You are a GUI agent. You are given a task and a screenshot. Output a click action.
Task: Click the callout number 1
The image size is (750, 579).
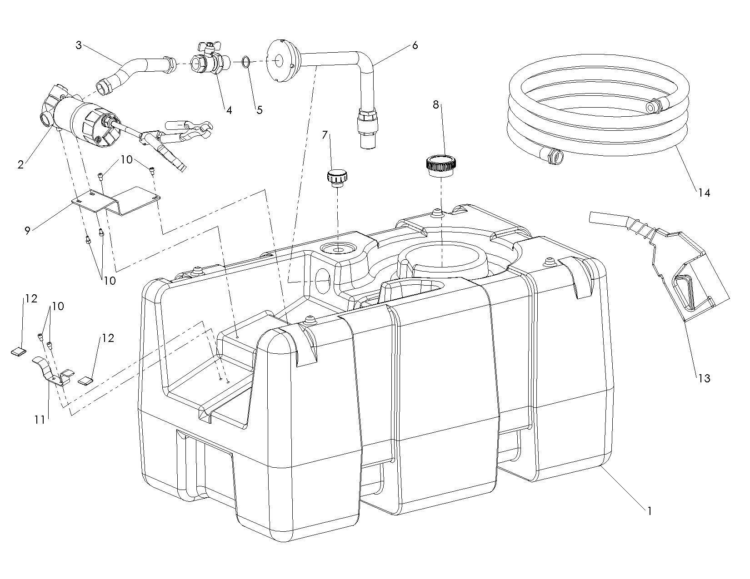coord(650,511)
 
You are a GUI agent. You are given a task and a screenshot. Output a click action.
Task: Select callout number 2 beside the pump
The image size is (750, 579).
coord(20,165)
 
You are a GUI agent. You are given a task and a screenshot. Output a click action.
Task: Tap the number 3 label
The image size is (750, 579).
coord(79,45)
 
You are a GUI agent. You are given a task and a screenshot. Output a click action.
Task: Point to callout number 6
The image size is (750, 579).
coord(415,45)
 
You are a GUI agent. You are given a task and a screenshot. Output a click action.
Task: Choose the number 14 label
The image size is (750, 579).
coord(704,193)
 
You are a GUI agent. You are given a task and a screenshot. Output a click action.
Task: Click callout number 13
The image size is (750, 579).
coord(704,378)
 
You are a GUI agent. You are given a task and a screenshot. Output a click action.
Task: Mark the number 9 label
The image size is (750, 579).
coord(28,230)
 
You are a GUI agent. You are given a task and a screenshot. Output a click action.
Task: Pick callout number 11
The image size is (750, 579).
coord(40,420)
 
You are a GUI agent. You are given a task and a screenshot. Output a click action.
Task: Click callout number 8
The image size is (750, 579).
coord(436,105)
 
